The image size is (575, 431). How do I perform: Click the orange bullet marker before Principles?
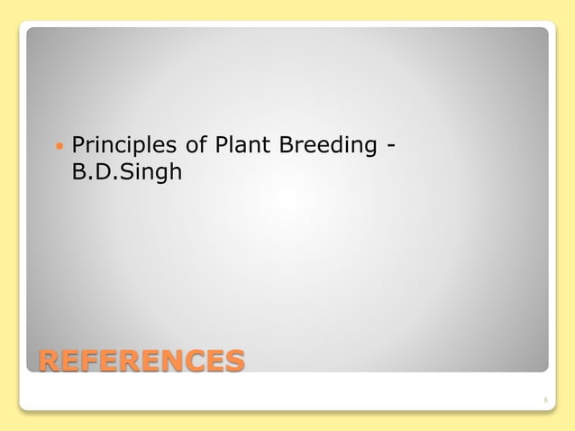[59, 144]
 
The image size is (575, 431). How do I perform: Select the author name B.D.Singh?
[126, 170]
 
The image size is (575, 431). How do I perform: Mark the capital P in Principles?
[78, 144]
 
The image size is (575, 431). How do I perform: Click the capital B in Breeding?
[284, 144]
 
